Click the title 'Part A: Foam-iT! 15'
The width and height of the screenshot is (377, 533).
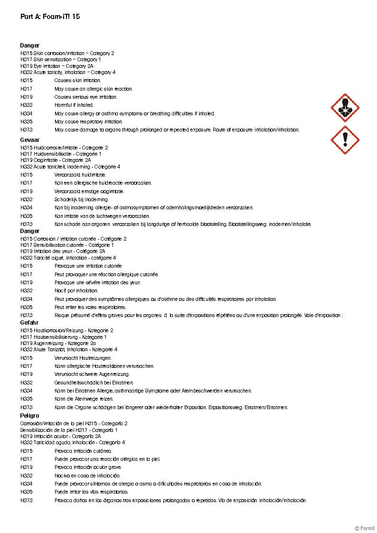coord(50,17)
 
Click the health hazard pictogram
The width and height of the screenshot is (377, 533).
coord(344,107)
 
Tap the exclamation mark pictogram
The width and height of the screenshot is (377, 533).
coord(344,140)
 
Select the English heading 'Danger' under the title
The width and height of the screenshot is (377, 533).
coord(29,46)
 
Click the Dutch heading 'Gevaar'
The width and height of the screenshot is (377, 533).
coord(29,140)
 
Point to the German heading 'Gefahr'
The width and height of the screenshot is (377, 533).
coord(29,323)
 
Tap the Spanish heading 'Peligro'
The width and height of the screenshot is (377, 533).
coord(29,416)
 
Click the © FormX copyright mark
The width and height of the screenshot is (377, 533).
coord(365,528)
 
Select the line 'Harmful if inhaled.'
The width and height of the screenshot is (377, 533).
coord(74,105)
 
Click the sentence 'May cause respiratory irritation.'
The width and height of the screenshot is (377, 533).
coord(88,122)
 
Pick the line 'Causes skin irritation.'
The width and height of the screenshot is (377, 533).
coord(77,81)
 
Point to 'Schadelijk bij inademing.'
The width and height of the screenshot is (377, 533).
coord(81,199)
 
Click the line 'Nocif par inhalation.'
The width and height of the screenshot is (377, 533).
coord(76,290)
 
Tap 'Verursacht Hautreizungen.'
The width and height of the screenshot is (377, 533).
coord(83,358)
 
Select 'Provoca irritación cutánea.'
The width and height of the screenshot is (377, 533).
coord(83,451)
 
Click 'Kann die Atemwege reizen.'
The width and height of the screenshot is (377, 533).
coord(84,399)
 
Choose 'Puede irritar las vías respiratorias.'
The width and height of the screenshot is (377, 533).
coord(91,492)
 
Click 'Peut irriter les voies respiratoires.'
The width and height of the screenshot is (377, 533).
coord(90,307)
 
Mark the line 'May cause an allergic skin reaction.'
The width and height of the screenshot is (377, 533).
coord(94,89)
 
